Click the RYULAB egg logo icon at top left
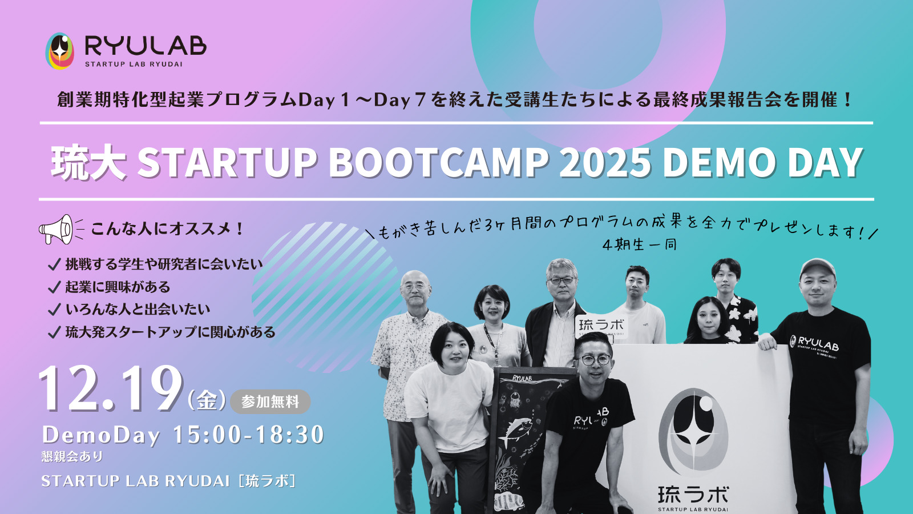pyautogui.click(x=59, y=51)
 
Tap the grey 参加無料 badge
pyautogui.click(x=270, y=402)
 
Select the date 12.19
pyautogui.click(x=110, y=389)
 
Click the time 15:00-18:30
pyautogui.click(x=249, y=435)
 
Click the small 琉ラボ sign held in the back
pyautogui.click(x=601, y=326)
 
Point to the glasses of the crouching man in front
pyautogui.click(x=596, y=360)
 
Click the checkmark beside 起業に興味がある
pyautogui.click(x=54, y=288)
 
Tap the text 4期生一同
pyautogui.click(x=640, y=245)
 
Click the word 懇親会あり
pyautogui.click(x=72, y=456)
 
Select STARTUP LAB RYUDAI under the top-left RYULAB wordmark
pyautogui.click(x=134, y=64)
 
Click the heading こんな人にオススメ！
pyautogui.click(x=168, y=229)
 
